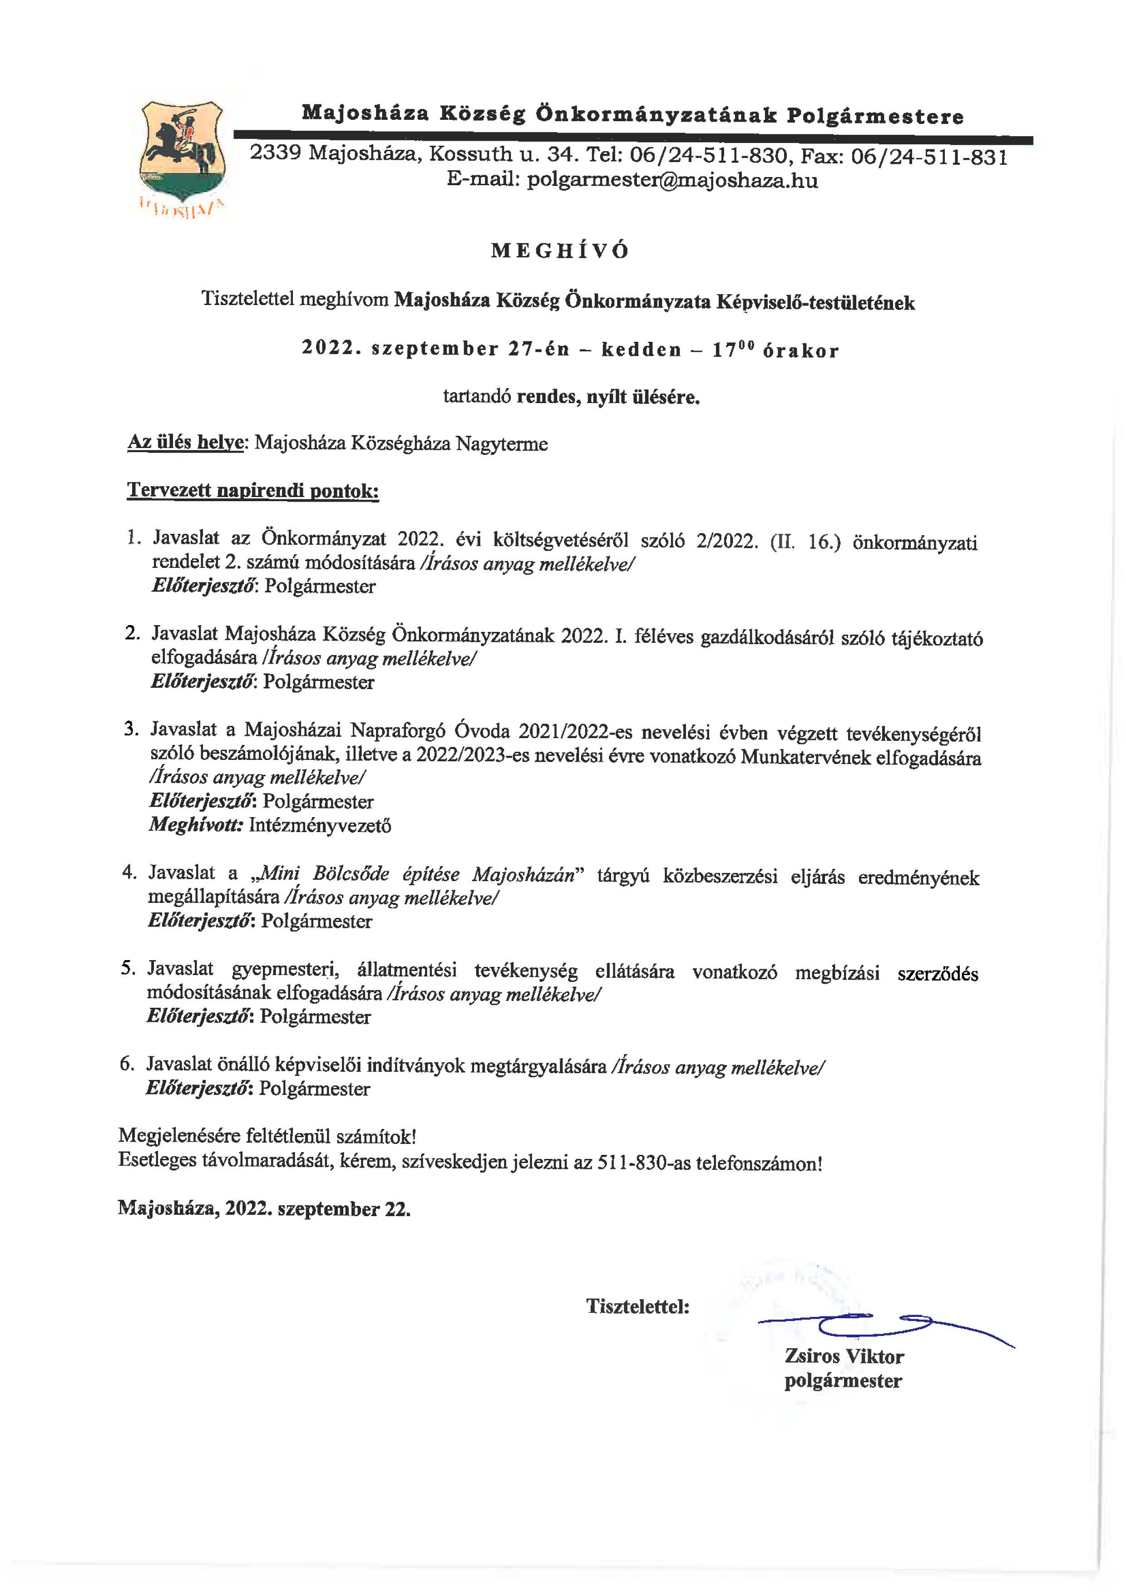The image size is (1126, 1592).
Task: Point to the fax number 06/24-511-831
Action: pos(929,156)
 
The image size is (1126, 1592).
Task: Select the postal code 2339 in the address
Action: pos(275,153)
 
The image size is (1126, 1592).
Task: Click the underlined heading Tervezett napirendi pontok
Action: pos(253,491)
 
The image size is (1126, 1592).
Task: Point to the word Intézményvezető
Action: pos(320,825)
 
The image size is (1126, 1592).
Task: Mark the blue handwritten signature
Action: pos(880,1325)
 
